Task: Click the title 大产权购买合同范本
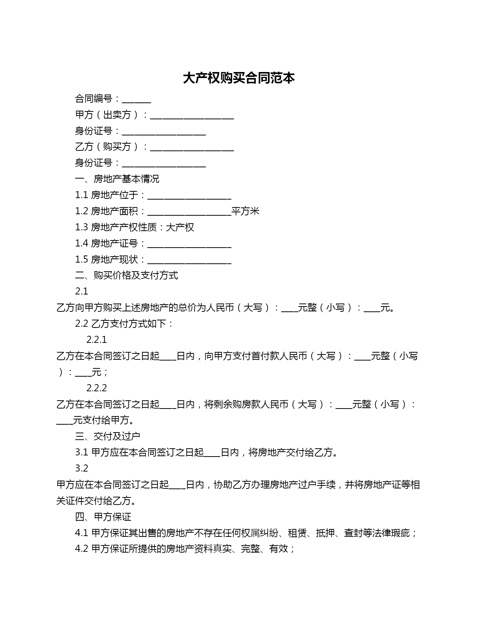(x=239, y=78)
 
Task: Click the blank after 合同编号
(x=136, y=100)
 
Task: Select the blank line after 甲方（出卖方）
(x=192, y=116)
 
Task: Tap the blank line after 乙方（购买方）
(x=192, y=148)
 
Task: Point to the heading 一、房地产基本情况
(x=117, y=179)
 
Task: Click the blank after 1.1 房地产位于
(x=189, y=196)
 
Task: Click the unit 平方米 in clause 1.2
(x=246, y=211)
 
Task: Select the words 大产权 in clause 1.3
(x=180, y=227)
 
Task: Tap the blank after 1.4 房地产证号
(x=189, y=245)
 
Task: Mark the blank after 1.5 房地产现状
(x=189, y=261)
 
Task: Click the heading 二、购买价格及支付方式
(x=126, y=275)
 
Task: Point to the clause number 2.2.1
(x=96, y=340)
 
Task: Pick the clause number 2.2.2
(x=96, y=388)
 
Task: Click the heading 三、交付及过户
(x=108, y=436)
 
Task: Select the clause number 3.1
(x=81, y=452)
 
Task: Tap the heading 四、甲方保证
(x=103, y=517)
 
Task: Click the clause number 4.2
(x=81, y=549)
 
